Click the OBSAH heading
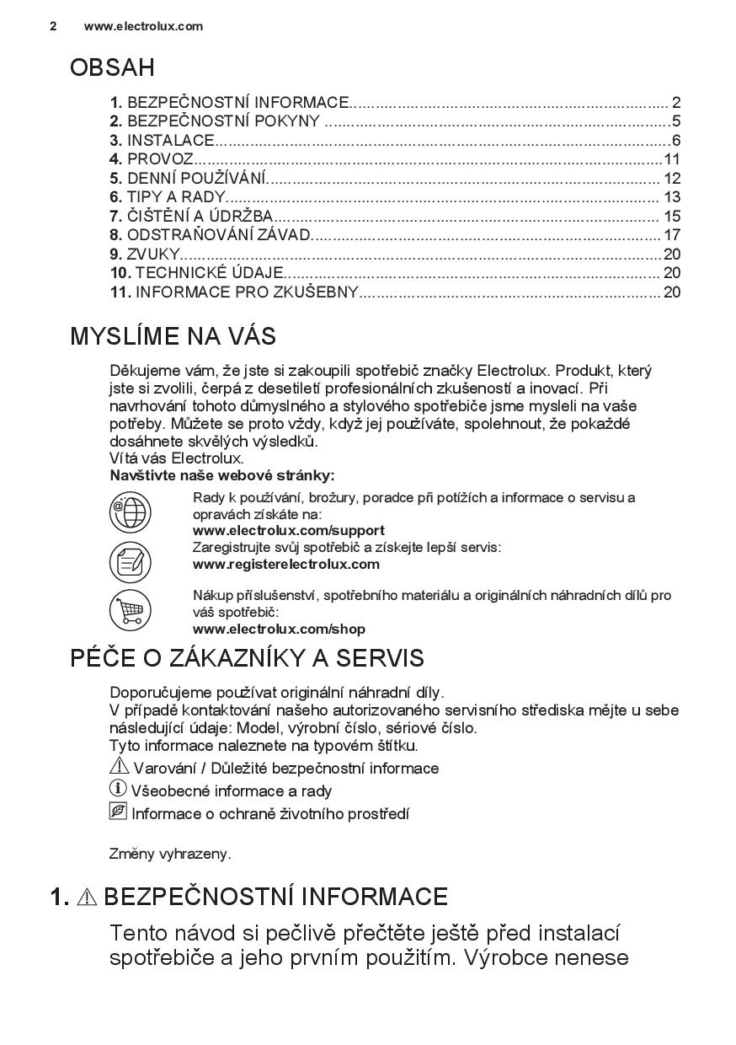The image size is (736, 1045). [112, 67]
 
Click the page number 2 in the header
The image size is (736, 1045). [53, 26]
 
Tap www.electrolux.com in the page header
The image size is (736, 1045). [143, 26]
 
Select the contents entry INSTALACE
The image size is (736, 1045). [171, 141]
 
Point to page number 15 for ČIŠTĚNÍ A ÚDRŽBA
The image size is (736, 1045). [671, 217]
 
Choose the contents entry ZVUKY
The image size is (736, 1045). [153, 255]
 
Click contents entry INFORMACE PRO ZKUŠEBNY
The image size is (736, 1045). [247, 292]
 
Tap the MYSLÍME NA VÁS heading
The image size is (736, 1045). [173, 336]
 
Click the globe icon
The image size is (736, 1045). [131, 512]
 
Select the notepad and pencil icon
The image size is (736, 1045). [131, 561]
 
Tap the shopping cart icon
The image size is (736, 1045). [131, 610]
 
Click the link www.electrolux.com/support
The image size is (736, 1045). [288, 531]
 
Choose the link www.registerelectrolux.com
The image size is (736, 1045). [285, 565]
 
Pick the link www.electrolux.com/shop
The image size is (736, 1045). [279, 630]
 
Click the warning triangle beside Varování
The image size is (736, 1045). [119, 767]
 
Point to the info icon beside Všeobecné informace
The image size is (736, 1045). [118, 790]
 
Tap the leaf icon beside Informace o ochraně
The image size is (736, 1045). [118, 812]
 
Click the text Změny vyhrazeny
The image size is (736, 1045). [170, 854]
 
